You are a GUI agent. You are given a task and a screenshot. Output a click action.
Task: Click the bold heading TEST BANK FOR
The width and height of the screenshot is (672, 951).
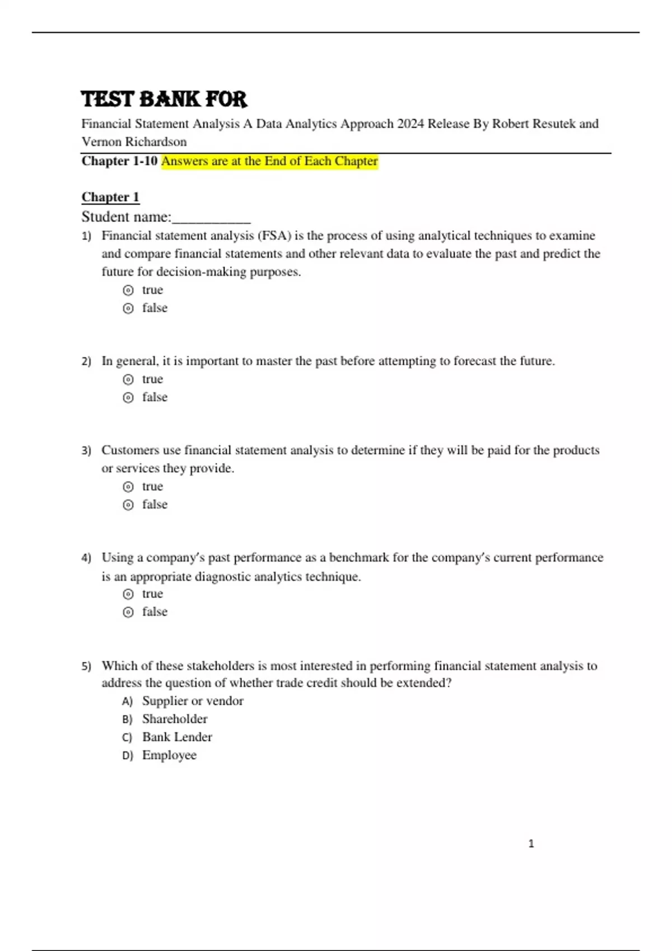164,99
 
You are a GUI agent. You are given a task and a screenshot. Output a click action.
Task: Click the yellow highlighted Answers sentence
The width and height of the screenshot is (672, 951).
269,161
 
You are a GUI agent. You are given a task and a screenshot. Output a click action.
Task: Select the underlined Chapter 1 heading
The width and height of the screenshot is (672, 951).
110,197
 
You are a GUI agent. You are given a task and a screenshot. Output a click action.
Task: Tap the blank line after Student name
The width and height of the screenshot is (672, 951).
211,218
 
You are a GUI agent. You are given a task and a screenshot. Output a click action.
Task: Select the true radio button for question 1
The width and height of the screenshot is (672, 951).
128,290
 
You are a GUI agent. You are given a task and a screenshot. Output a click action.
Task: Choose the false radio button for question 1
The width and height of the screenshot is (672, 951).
128,308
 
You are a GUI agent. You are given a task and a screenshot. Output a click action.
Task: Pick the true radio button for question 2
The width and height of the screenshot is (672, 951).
128,379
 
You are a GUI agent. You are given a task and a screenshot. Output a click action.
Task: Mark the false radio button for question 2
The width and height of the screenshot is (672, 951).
128,397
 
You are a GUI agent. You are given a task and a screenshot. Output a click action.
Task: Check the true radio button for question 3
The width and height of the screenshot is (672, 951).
128,487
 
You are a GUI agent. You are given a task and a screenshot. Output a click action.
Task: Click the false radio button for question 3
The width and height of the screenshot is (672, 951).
128,505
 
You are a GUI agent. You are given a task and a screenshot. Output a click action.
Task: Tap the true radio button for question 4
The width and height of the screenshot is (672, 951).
128,594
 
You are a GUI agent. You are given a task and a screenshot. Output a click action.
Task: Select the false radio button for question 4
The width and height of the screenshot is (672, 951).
128,612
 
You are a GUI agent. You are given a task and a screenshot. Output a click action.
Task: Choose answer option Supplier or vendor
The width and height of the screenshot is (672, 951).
192,701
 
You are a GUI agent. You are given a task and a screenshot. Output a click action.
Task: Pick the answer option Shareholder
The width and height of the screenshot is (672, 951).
174,719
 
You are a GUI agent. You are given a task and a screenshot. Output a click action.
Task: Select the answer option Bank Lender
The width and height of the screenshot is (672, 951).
177,737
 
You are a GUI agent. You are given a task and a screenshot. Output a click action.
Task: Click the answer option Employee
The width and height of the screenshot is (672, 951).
169,755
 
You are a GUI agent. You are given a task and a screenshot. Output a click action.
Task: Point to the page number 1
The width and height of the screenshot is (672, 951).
531,844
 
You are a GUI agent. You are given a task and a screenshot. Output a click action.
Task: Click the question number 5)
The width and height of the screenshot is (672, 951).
86,666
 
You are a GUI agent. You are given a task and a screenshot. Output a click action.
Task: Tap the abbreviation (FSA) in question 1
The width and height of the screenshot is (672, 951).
274,236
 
